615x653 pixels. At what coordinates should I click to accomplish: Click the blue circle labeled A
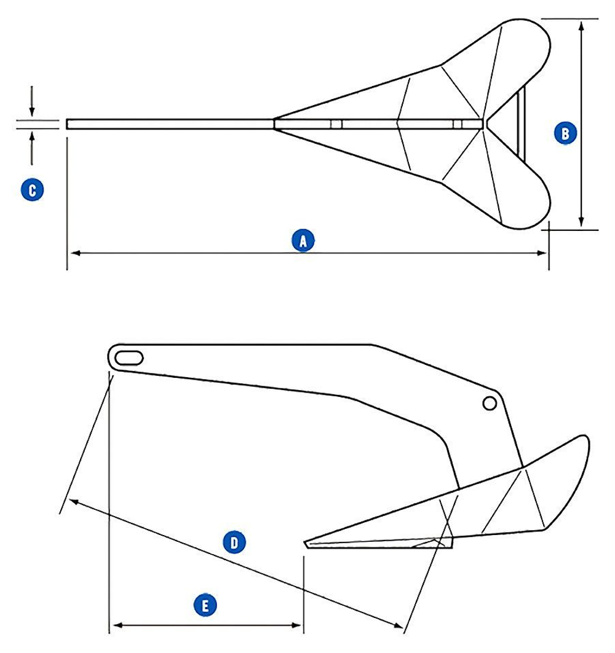302,240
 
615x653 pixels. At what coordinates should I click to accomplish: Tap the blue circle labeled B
565,133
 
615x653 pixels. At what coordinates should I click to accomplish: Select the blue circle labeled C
32,189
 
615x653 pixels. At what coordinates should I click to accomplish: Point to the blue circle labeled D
234,542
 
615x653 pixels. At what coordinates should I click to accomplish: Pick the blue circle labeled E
205,606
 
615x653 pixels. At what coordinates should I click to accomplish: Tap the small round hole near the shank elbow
490,403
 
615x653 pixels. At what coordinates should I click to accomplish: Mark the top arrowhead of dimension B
581,23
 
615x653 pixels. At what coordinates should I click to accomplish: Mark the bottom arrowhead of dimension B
581,225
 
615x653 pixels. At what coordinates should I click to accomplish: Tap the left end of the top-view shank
68,124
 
